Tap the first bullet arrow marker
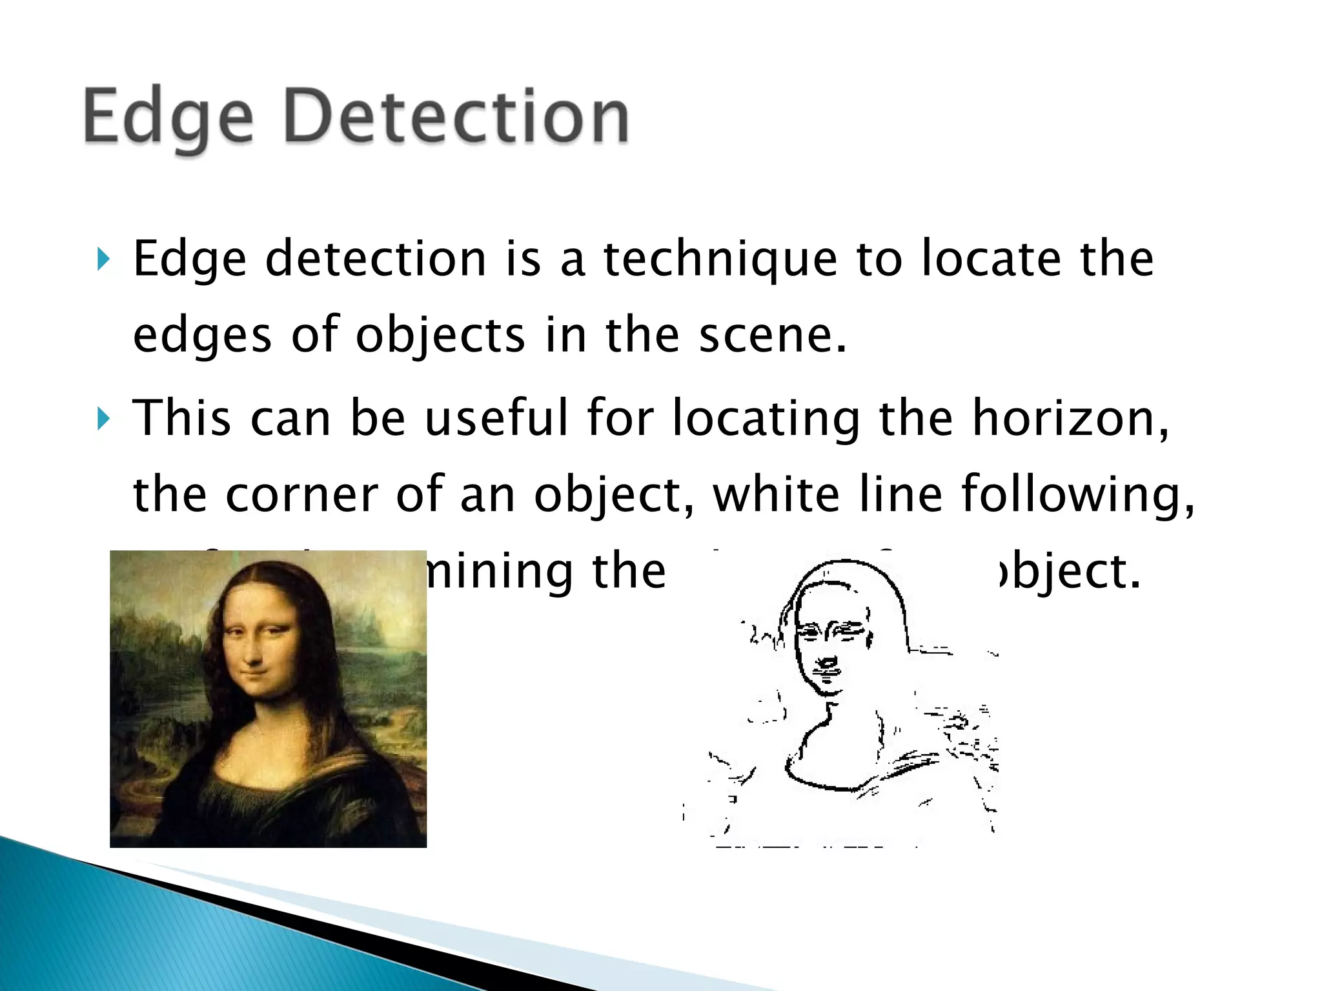(x=103, y=259)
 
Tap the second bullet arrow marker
(x=103, y=419)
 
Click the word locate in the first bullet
(x=991, y=259)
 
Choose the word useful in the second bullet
(x=497, y=418)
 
